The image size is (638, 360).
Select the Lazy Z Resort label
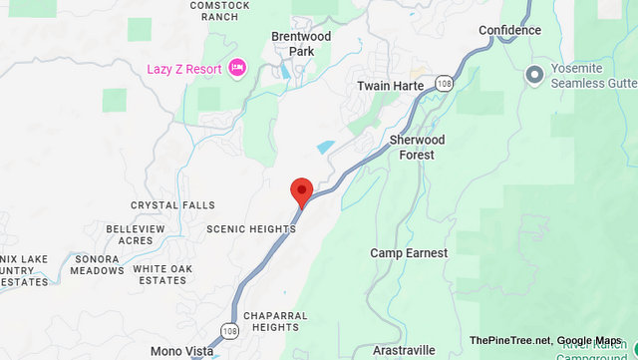coord(184,68)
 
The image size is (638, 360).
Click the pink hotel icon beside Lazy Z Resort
coord(237,68)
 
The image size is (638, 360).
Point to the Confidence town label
coord(509,30)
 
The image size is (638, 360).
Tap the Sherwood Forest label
coord(417,147)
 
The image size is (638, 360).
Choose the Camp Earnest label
coord(409,253)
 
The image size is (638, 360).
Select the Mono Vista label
coord(180,351)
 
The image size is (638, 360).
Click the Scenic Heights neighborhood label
coord(251,229)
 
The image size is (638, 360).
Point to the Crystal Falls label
coord(172,205)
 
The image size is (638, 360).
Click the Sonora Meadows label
coord(97,264)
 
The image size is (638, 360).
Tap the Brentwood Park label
coord(301,43)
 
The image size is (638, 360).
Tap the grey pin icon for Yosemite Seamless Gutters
coord(534,74)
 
